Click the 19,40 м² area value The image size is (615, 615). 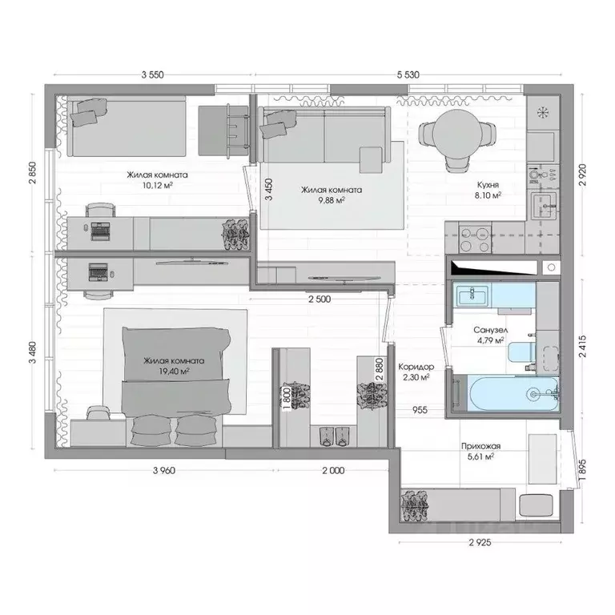click(173, 372)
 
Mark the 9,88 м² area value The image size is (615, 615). click(331, 202)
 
